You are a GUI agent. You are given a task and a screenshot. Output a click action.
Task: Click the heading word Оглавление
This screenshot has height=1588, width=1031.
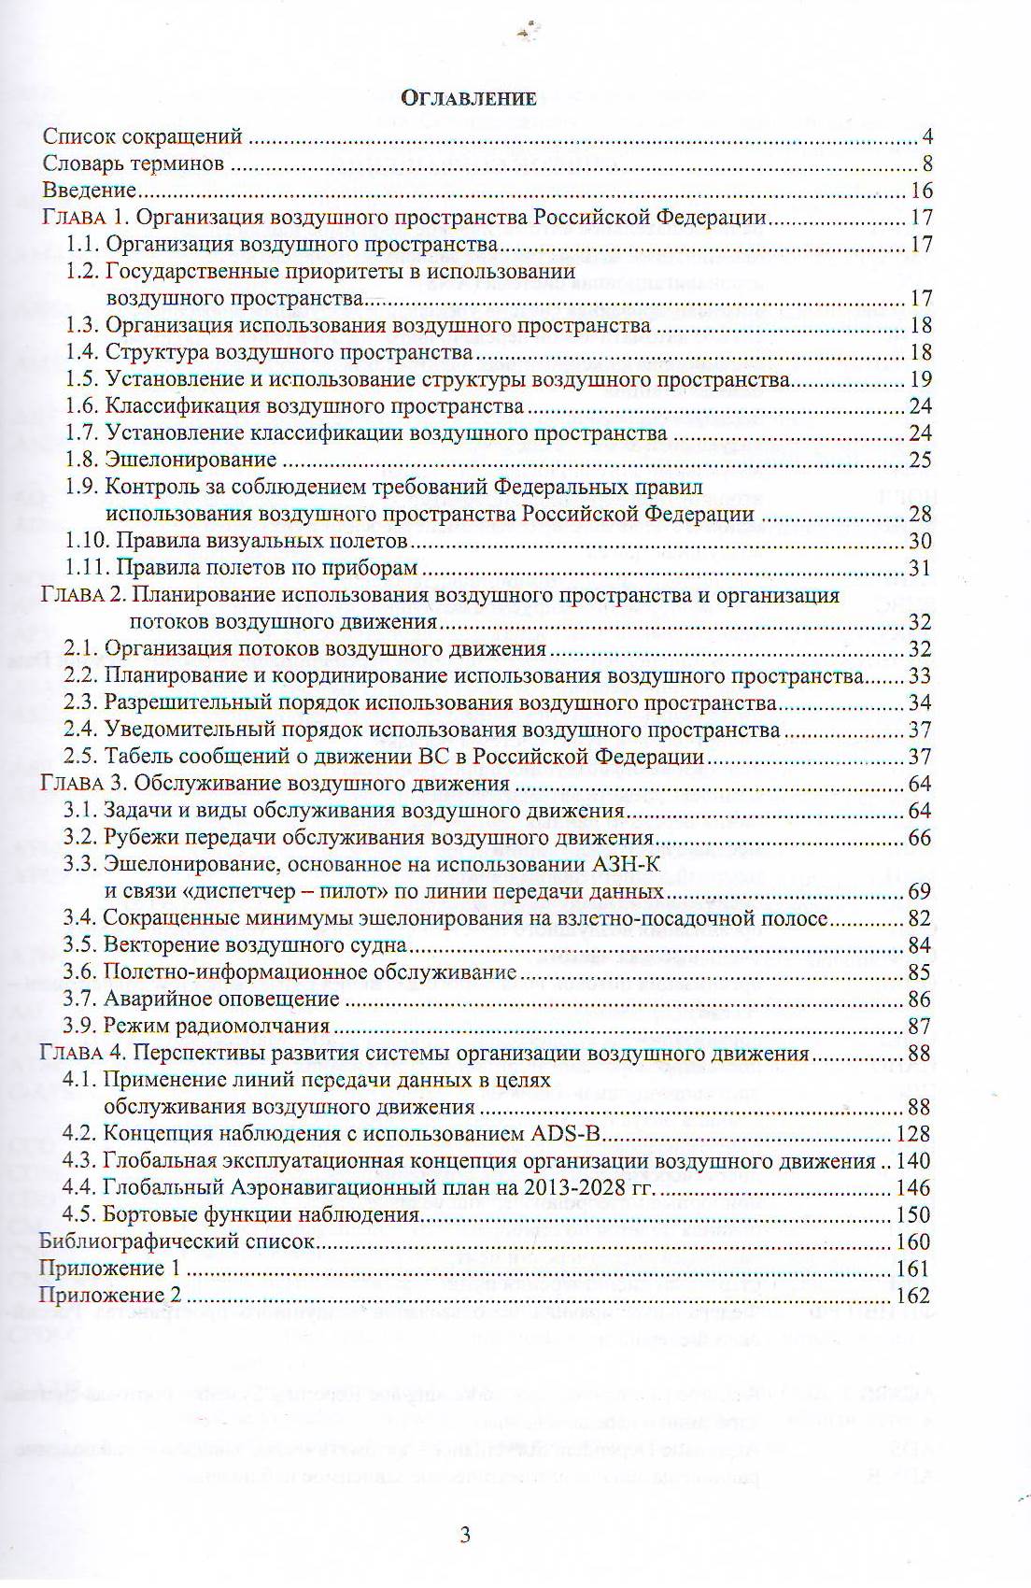(x=468, y=98)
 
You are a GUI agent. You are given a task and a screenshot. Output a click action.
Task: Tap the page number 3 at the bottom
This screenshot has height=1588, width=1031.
(x=465, y=1535)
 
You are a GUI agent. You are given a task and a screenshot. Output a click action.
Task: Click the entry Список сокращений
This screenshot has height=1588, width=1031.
(x=143, y=137)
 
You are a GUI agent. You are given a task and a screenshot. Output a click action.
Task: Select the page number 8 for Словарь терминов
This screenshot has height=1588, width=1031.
(x=927, y=164)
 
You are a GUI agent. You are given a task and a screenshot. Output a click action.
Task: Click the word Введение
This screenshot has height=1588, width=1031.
(x=90, y=191)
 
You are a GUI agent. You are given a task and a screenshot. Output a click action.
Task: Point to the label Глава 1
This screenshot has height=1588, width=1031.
(x=87, y=218)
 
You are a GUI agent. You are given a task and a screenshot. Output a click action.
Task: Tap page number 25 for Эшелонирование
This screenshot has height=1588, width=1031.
(x=920, y=460)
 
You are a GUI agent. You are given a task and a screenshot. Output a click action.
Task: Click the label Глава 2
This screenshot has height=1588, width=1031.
(x=83, y=595)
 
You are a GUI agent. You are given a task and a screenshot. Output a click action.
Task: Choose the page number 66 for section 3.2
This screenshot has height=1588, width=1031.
(x=920, y=837)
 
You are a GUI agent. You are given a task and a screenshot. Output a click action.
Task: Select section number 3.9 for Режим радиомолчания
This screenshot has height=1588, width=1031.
(x=79, y=1026)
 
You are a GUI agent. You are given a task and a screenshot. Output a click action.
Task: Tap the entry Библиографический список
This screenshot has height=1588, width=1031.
(x=177, y=1242)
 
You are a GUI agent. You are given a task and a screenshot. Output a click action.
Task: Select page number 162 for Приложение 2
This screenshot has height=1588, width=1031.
(x=913, y=1296)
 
